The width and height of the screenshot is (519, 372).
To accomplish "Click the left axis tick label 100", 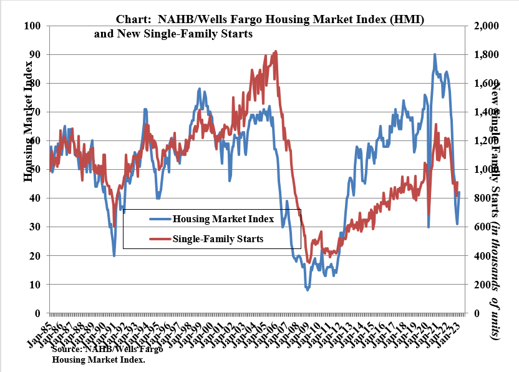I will coord(32,26).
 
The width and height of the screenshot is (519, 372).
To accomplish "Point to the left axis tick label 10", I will coord(35,285).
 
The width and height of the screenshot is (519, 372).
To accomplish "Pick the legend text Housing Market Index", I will coord(223,219).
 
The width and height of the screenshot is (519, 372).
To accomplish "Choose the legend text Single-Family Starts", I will coord(218,238).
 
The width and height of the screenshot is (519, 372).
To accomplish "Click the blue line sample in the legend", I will coord(159,219).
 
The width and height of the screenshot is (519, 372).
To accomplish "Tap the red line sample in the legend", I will coord(159,238).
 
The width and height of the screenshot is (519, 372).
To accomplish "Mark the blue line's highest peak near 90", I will coord(435,54).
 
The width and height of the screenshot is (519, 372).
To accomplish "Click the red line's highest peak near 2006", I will coord(276,52).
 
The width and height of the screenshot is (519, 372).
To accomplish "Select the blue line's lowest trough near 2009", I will coord(307,290).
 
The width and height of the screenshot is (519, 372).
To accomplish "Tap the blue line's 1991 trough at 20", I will coord(114,255).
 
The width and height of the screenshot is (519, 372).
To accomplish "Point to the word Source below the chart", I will coord(69,350).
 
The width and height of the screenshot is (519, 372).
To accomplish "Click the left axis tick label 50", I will coord(35,170).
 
